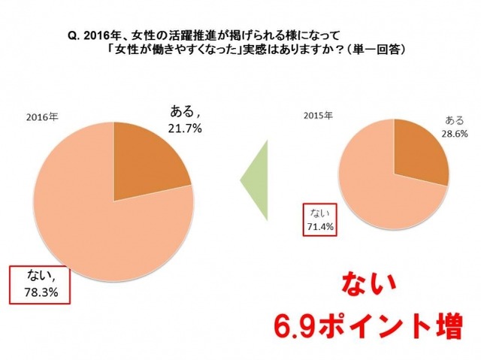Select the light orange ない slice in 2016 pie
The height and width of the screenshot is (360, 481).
point(98,225)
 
